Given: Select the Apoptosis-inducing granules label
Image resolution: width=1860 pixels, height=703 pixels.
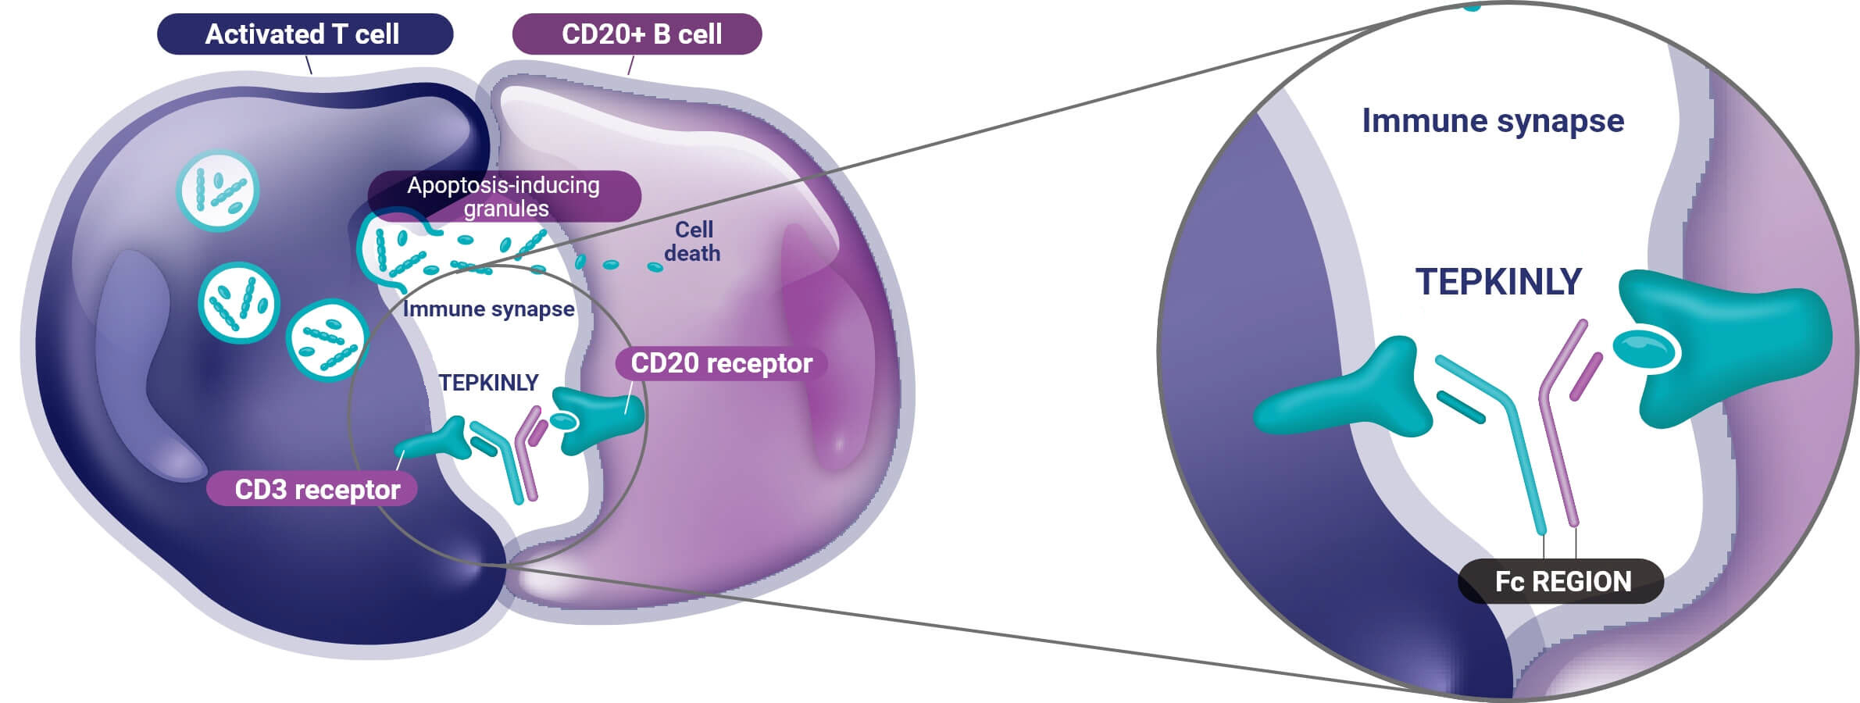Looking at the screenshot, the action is [505, 196].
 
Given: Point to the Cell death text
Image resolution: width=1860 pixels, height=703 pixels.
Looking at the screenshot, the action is [692, 241].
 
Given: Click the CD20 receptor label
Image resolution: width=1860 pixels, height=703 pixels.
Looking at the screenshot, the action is [721, 363].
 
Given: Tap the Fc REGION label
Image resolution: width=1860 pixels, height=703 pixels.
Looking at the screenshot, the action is [1561, 581].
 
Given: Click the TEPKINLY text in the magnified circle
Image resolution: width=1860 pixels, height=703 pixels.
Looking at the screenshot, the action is [1498, 282].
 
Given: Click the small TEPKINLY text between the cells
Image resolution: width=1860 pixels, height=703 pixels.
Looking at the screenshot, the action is [488, 383].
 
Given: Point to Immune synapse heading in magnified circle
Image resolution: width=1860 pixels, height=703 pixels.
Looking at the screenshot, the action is [1493, 121].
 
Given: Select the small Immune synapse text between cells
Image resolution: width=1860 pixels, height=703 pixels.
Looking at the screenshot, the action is [488, 309].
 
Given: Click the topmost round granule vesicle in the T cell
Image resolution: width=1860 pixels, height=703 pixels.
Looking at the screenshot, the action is [218, 191].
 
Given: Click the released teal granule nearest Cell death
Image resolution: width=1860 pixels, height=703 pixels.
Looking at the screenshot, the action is [655, 267].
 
